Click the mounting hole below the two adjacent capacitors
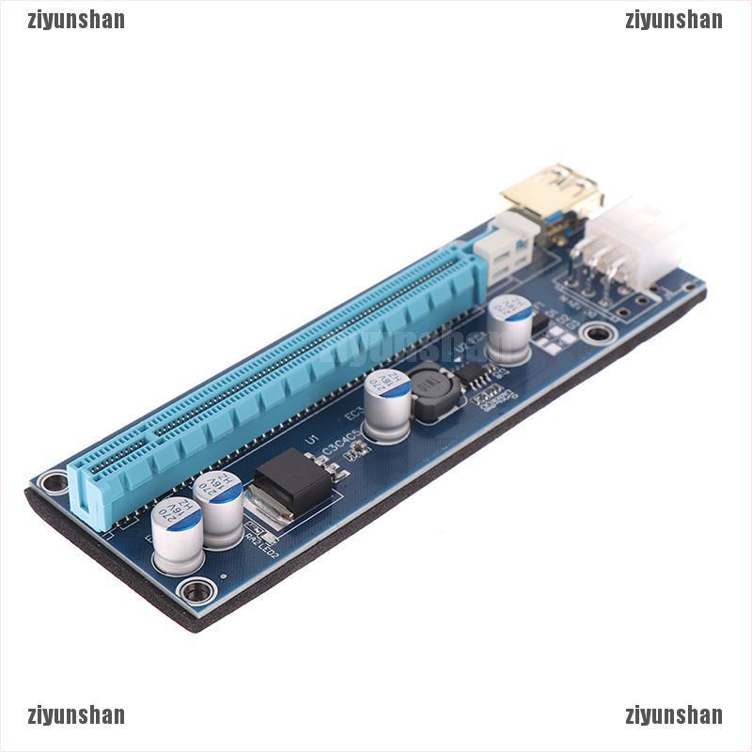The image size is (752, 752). click(196, 590)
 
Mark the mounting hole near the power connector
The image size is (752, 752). click(595, 333)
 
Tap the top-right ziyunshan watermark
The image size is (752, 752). click(673, 20)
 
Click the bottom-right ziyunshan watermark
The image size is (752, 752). click(673, 715)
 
